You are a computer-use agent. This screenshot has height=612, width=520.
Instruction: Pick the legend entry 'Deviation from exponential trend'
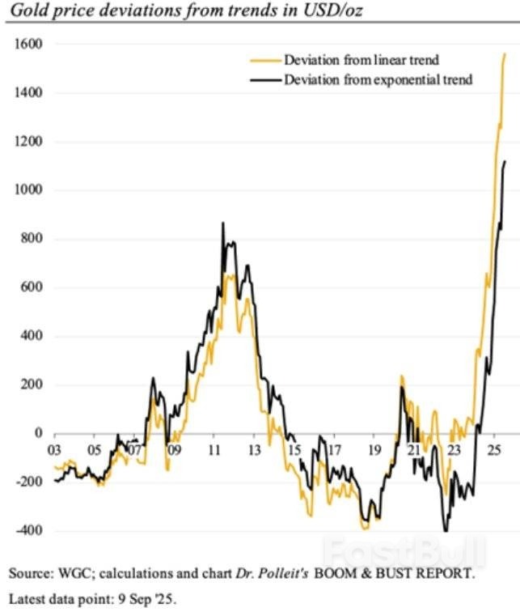tap(378, 79)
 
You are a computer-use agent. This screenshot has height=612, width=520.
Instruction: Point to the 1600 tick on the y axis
tap(29, 45)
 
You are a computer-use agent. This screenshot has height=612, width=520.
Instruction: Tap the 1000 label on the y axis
tap(29, 190)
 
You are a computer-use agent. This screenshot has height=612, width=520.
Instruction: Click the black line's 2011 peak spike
tap(222, 223)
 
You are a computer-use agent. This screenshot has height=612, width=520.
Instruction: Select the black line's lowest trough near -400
tap(446, 531)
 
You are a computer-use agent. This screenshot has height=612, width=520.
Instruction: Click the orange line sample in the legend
tap(264, 60)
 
